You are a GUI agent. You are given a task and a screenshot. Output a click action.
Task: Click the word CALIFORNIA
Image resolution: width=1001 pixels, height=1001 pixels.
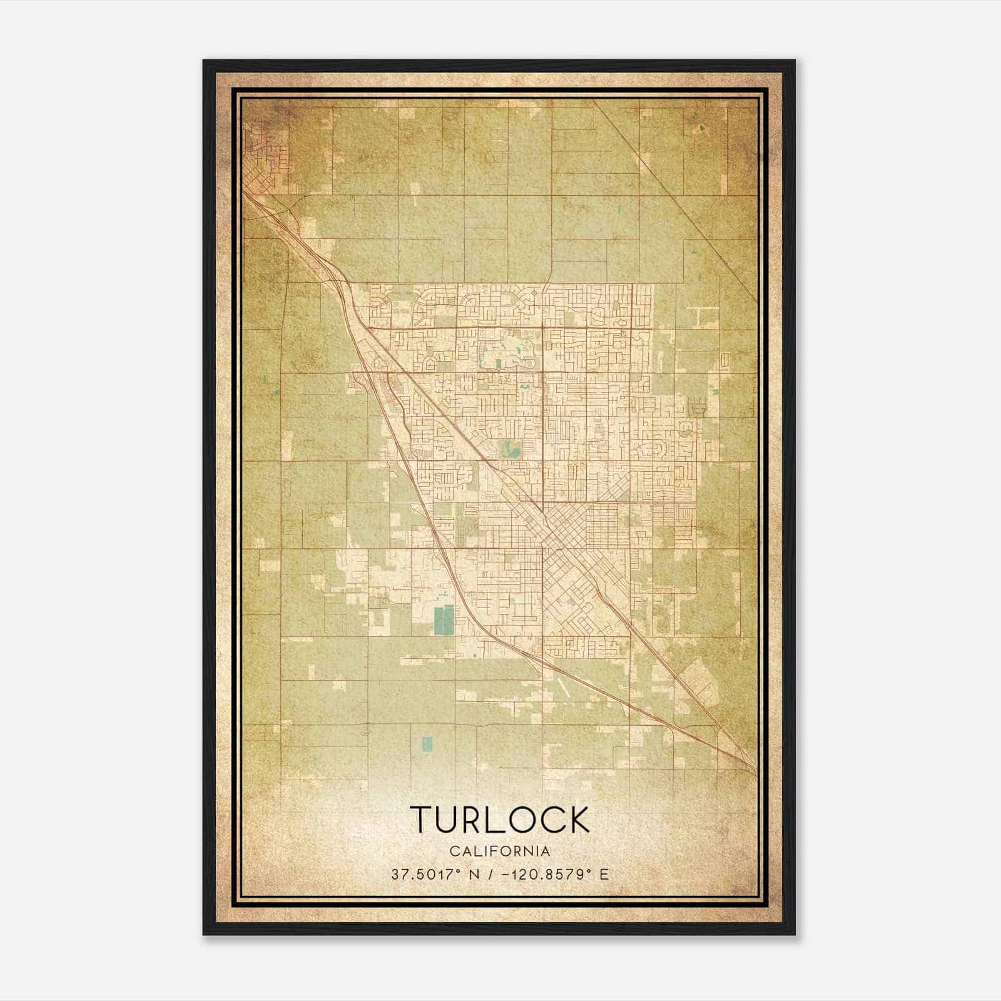point(500,851)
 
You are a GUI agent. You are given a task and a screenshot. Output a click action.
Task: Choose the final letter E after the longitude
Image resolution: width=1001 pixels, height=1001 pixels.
point(604,875)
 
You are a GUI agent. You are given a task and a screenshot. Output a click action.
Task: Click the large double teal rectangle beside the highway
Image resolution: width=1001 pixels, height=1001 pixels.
point(444,619)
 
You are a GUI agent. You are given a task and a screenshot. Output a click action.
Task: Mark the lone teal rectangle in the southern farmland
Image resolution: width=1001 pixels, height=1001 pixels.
point(427,743)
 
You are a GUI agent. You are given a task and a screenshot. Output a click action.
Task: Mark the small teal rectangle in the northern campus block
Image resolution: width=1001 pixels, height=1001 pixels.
point(499,363)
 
